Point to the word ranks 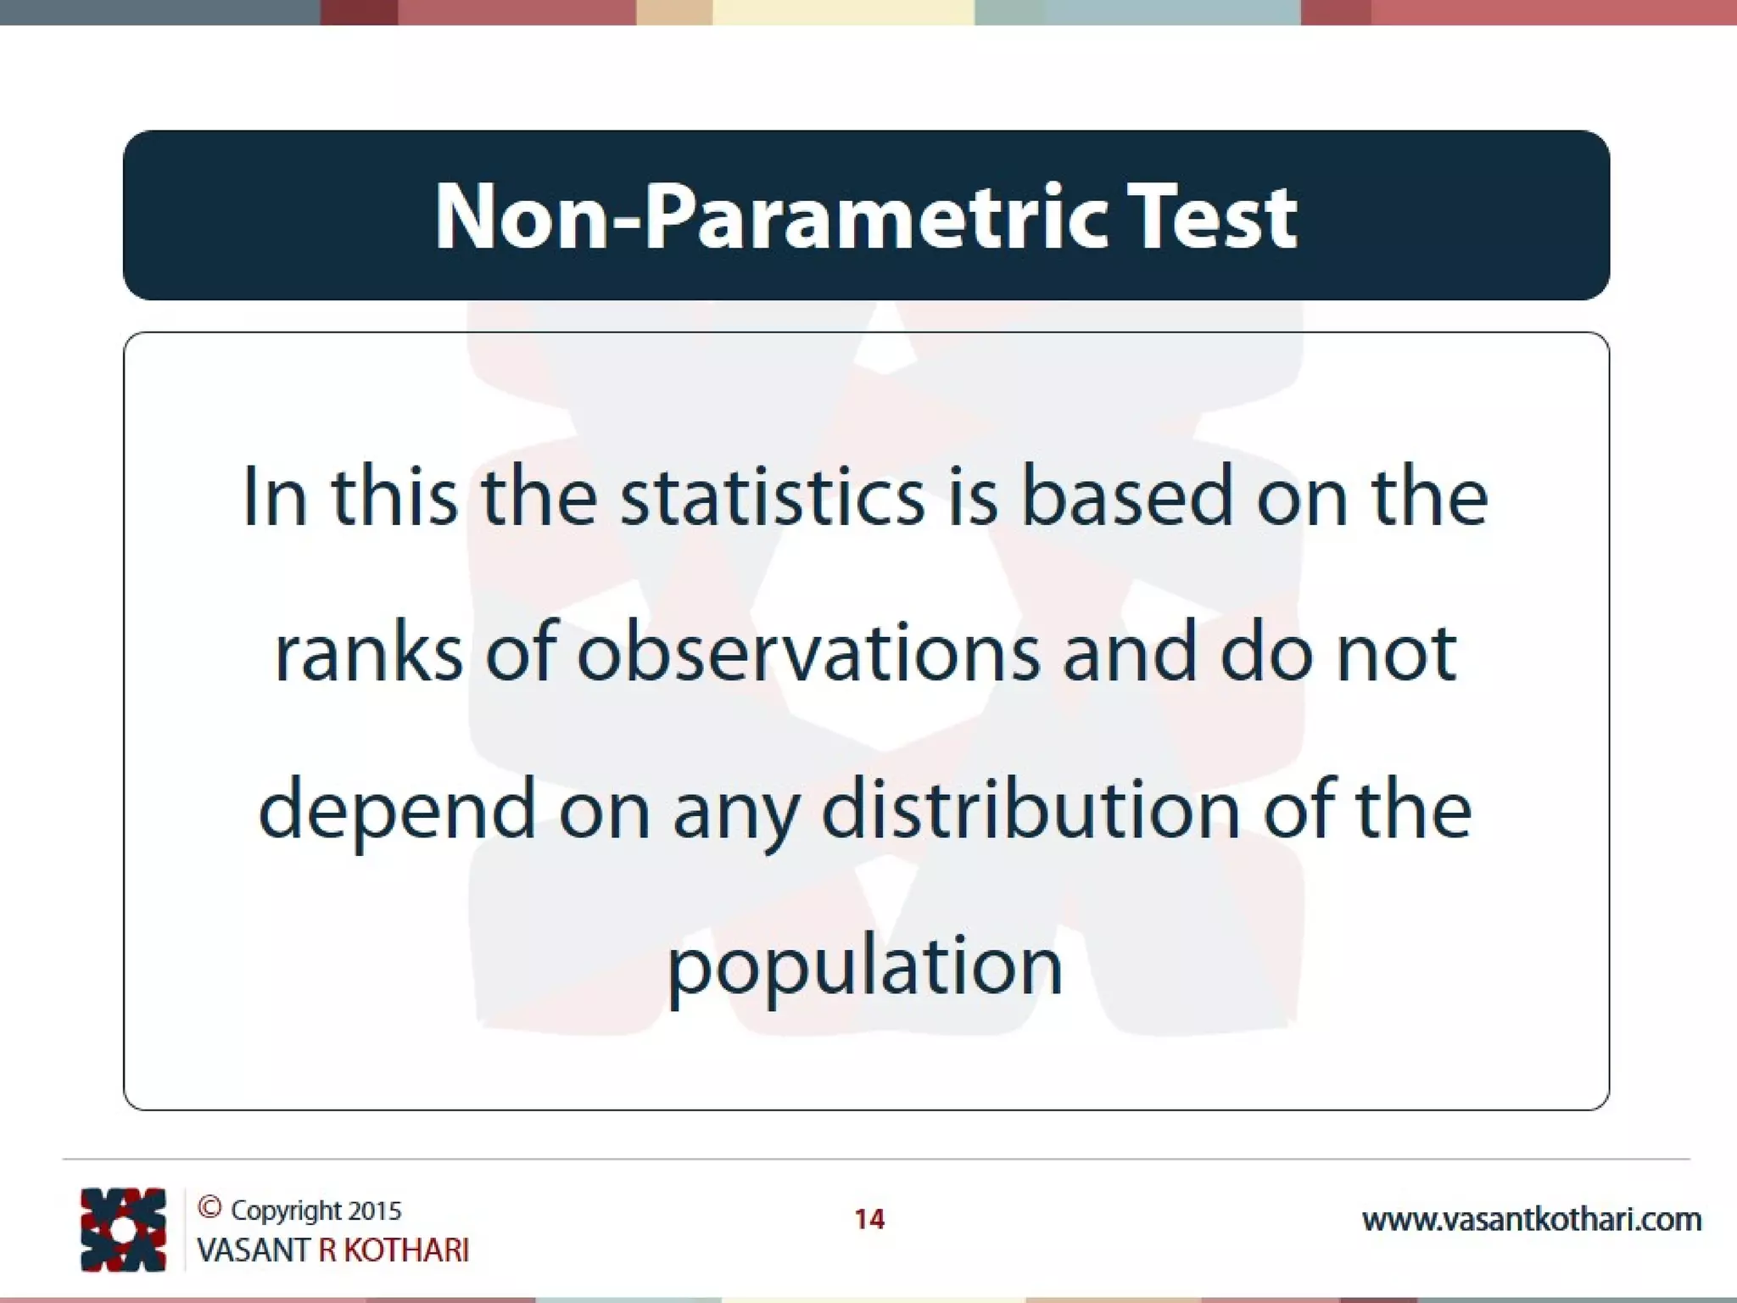[x=369, y=652]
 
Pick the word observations [x=808, y=652]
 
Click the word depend [x=397, y=810]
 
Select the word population [x=865, y=967]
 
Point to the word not [x=1396, y=652]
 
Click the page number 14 [x=869, y=1219]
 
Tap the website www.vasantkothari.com [x=1531, y=1220]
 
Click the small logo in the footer [x=123, y=1229]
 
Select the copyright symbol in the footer [x=209, y=1207]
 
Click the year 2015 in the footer [x=374, y=1211]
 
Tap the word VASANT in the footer [x=253, y=1250]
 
